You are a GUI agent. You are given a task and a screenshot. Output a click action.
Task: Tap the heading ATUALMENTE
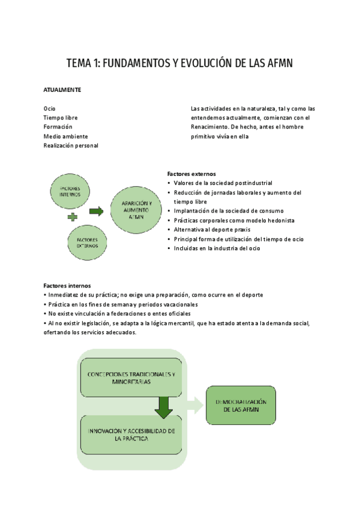62,89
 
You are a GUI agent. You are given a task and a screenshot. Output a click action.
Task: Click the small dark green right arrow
96,211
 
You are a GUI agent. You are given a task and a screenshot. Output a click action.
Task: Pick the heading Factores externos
191,173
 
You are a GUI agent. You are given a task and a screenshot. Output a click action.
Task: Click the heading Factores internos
67,285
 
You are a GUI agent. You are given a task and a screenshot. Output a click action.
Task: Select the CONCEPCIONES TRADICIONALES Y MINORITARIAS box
131,378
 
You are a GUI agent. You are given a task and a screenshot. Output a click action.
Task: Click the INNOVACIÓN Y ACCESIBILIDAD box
131,435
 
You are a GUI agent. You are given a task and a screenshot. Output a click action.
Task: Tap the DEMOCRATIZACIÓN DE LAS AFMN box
240,405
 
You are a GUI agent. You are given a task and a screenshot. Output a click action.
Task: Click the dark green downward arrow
163,408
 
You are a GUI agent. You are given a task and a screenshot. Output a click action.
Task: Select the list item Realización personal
71,145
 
